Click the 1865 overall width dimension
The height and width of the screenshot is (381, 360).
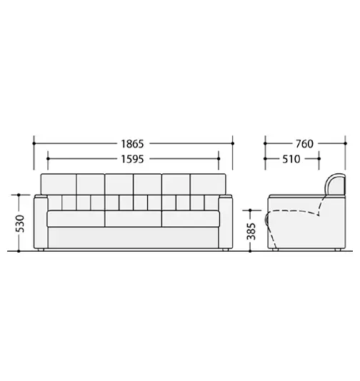[x=133, y=143]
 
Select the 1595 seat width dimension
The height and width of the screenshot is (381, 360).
[x=133, y=159]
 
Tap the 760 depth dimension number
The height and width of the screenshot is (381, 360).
[x=304, y=143]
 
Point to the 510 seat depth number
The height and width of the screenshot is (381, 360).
[x=291, y=159]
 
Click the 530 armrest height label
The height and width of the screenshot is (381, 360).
[x=21, y=223]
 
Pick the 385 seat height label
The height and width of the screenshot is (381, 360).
[x=251, y=231]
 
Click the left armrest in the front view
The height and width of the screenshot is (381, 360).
[x=41, y=223]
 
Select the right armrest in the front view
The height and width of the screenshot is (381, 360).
[x=226, y=223]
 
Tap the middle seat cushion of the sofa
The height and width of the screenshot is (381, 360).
[x=134, y=219]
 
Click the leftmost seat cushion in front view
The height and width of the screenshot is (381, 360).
[x=76, y=219]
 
